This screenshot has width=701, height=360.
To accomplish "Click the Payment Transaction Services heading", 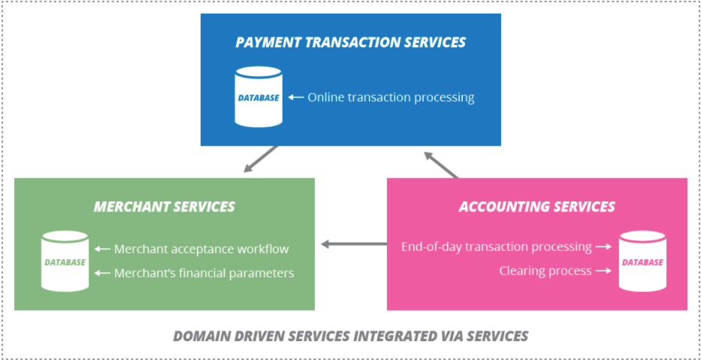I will pos(350,42).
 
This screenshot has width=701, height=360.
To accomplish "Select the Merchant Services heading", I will pos(164,207).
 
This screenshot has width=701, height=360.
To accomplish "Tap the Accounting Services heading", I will pos(536,207).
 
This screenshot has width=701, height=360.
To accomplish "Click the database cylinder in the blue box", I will pos(258,97).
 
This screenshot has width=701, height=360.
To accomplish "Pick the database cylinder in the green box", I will pos(65,262).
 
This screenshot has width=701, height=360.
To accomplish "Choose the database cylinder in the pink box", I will pos(642,262).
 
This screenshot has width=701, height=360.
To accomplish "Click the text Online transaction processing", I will pos(391,97).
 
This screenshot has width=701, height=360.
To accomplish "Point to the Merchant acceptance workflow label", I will pos(201,249).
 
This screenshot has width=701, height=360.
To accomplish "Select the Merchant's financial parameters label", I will pos(204,274).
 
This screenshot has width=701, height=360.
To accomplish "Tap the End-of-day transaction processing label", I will pos(496,247).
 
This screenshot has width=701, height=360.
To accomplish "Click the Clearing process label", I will pos(545,271).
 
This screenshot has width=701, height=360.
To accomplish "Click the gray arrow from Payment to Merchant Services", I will pos(260,159).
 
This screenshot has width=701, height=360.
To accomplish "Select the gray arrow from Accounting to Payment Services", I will pos(441,165).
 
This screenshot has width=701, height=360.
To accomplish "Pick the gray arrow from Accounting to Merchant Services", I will pos(353,244).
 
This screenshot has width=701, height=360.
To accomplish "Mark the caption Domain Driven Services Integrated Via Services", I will pos(350,335).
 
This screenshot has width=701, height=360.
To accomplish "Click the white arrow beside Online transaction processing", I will pos(296,97).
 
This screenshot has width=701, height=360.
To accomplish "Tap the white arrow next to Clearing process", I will pos(603,271).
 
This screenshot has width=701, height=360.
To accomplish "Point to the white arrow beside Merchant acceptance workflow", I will pos(102,249).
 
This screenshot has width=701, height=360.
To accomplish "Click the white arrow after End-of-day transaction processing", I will pos(603,247).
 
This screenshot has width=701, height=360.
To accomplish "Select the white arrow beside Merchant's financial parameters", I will pos(102,274).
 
